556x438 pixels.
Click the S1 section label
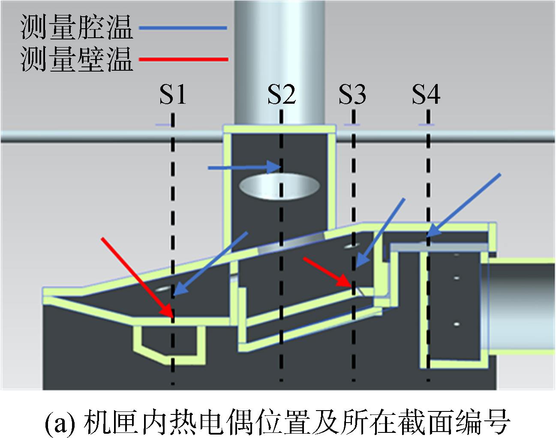173,95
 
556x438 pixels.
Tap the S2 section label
282,95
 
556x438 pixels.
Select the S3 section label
352,95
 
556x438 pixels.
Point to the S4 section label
426,95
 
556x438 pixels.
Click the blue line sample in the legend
183,28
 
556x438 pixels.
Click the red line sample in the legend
183,60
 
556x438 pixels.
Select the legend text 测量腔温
77,27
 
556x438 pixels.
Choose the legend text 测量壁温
77,59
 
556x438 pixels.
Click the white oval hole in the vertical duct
280,186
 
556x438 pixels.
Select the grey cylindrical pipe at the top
280,63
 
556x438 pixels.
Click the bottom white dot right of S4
457,324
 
